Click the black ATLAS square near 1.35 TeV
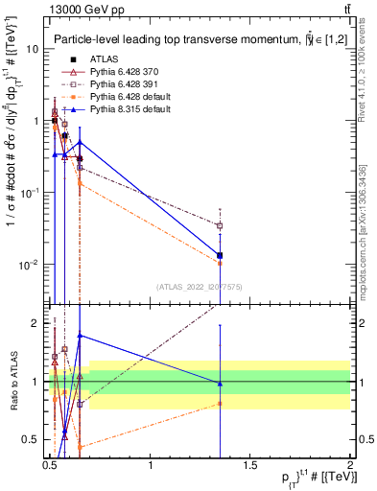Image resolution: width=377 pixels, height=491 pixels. pyautogui.click(x=221, y=255)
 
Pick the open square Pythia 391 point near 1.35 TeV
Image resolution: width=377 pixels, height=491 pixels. pyautogui.click(x=221, y=225)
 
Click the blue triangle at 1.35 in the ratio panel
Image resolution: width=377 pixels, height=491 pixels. pyautogui.click(x=221, y=384)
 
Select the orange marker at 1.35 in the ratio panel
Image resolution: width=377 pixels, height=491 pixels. pyautogui.click(x=221, y=404)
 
